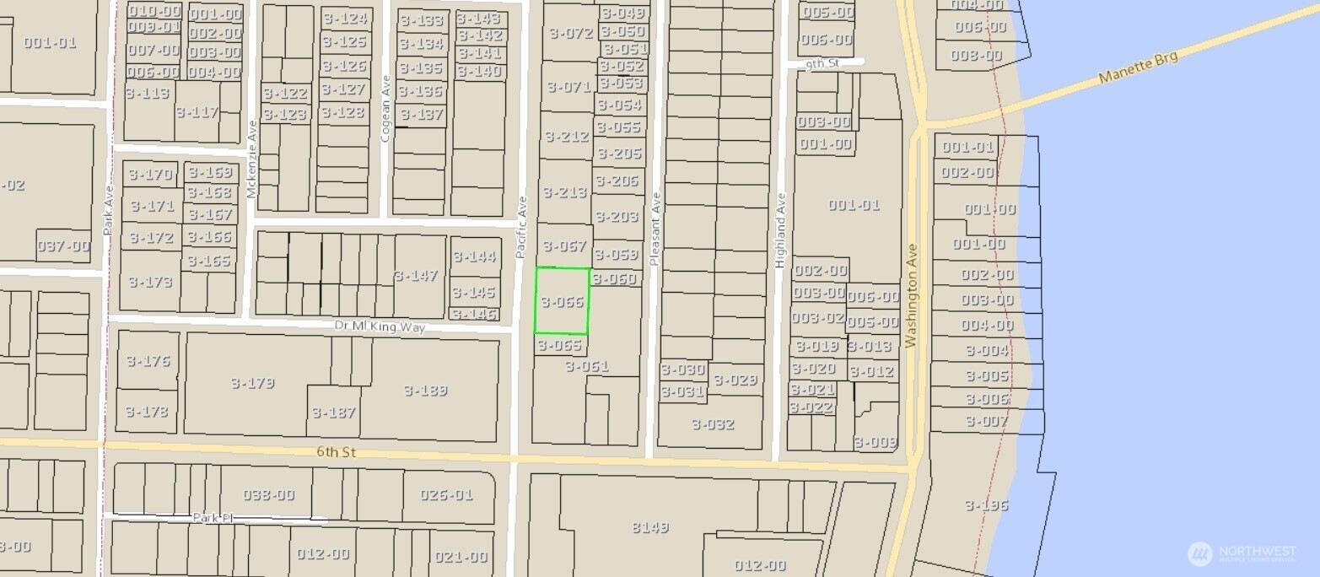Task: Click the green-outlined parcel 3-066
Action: click(x=563, y=301)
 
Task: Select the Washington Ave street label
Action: click(x=911, y=296)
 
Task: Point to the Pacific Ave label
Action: click(x=521, y=227)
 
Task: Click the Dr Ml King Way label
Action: click(x=380, y=326)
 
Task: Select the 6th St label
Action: click(x=337, y=452)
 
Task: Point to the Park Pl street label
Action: click(x=212, y=517)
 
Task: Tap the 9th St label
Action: click(x=818, y=64)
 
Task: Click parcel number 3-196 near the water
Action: click(x=986, y=505)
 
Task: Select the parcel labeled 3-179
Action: click(x=252, y=383)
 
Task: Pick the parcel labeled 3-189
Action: click(x=425, y=390)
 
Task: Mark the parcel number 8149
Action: click(x=649, y=527)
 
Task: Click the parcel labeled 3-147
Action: click(x=417, y=275)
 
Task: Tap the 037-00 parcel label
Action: click(x=63, y=246)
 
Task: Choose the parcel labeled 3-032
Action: click(x=713, y=423)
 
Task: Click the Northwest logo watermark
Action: click(x=1241, y=553)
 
